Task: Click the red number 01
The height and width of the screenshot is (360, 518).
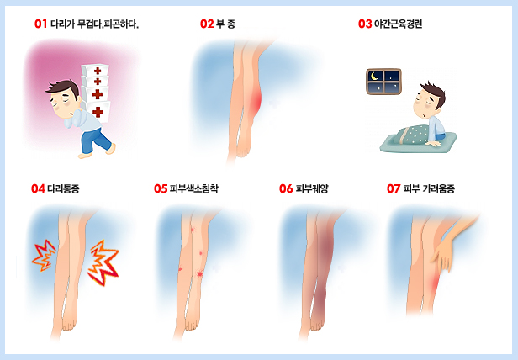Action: coord(40,24)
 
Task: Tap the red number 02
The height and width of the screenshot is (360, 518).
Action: coord(207,24)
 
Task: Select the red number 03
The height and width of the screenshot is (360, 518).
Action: coord(365,24)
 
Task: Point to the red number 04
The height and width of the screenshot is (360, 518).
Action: coord(38,188)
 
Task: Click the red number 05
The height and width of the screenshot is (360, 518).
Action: coord(161,188)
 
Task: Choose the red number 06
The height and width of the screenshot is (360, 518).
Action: coord(286,188)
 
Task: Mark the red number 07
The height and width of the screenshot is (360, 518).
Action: coord(394,188)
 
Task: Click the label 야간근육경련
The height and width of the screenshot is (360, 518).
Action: coord(398,24)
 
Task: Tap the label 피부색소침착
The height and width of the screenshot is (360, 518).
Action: coord(194,188)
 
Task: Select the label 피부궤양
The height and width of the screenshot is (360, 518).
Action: coord(312,188)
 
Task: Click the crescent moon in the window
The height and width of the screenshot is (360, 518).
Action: coord(374,77)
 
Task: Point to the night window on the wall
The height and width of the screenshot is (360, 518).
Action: coord(383,82)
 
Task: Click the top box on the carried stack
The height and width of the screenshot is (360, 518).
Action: coord(95,71)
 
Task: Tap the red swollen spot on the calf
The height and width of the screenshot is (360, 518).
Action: coord(256,102)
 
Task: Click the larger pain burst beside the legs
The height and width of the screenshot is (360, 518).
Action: coord(103,262)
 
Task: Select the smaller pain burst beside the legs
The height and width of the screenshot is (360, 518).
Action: coord(44,256)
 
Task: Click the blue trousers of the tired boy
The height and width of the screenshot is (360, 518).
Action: coord(96,141)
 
